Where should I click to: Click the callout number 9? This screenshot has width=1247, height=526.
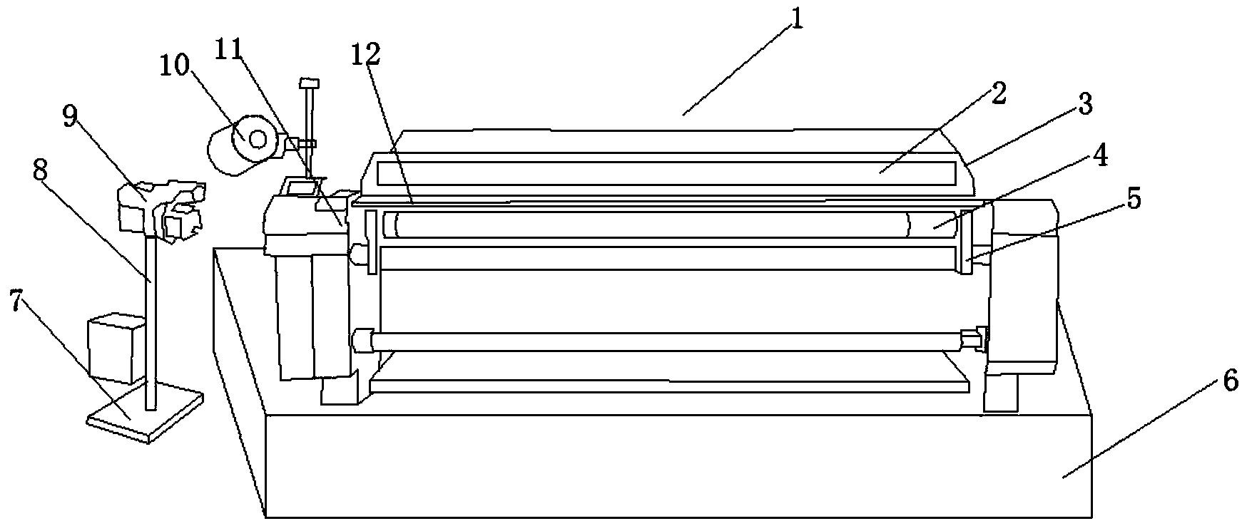coord(70,116)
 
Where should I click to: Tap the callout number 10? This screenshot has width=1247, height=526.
coord(175,66)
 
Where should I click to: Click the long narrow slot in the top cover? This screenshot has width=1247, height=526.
coord(666,172)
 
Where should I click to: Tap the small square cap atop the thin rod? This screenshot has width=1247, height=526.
coord(310,83)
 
